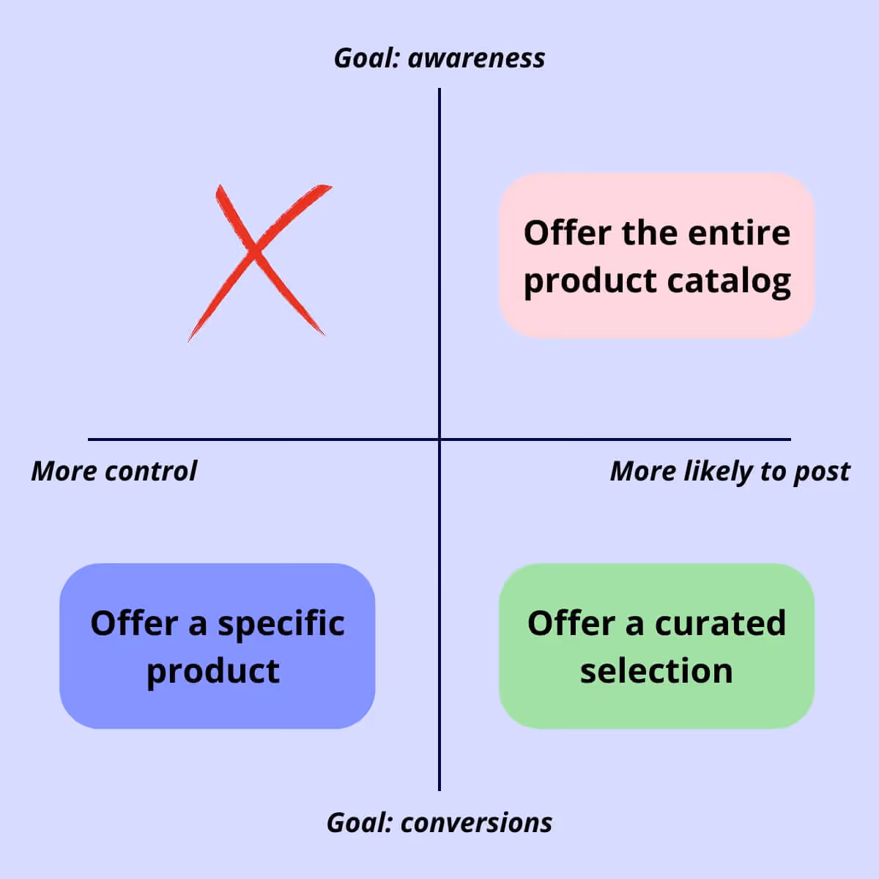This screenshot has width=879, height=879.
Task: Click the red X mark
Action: tap(256, 256)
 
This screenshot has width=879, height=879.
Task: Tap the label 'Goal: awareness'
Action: tap(439, 58)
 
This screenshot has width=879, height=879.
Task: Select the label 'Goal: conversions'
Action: tap(439, 823)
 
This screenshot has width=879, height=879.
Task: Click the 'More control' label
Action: tap(114, 471)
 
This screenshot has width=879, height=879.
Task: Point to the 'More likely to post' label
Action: tap(730, 471)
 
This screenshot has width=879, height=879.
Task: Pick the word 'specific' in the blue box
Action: tap(281, 624)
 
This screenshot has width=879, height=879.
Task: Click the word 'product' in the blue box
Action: tap(213, 672)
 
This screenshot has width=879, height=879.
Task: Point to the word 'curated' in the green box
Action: tap(720, 623)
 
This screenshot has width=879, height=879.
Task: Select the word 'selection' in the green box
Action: tap(656, 671)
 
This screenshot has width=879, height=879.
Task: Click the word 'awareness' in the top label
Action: tap(476, 58)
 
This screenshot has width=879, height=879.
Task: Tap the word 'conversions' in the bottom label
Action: tap(476, 823)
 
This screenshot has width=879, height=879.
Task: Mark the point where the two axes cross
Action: tap(439, 439)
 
